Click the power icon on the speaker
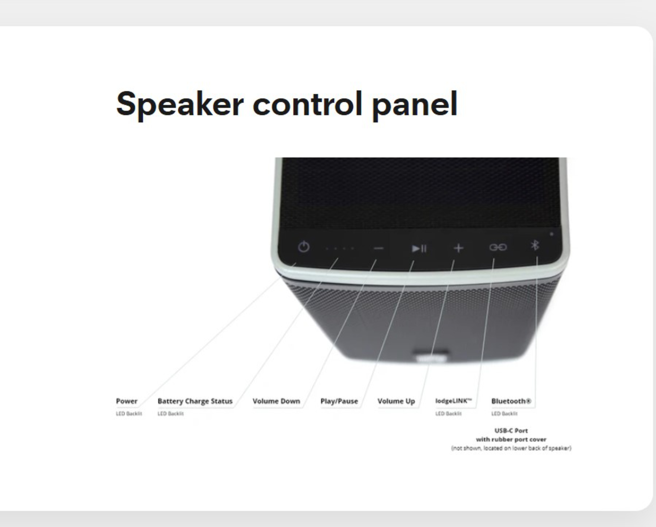point(304,247)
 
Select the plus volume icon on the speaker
point(459,248)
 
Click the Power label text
point(127,401)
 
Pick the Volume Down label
point(276,401)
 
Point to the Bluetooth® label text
point(511,401)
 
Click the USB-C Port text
point(511,431)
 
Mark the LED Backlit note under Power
point(129,414)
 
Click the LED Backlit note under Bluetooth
point(504,414)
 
